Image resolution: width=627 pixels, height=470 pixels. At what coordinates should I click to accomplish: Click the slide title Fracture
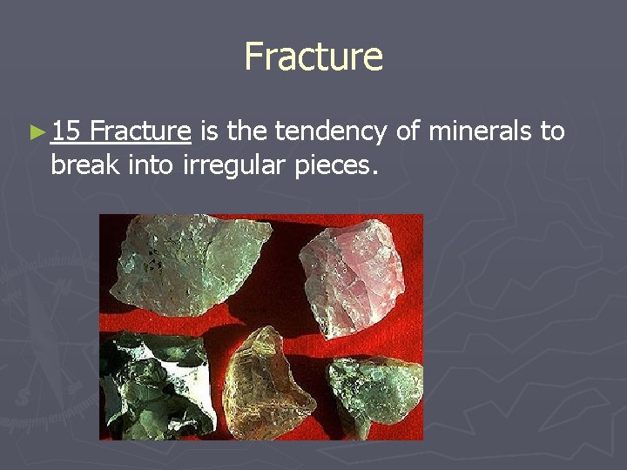tap(313, 57)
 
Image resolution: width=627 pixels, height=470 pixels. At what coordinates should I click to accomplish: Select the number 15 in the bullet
tap(66, 131)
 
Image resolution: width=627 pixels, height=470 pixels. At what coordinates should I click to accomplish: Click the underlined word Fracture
tap(140, 131)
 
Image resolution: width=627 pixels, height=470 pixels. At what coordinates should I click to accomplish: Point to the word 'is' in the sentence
tap(209, 131)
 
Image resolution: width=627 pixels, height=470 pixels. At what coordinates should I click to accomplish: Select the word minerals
tap(482, 131)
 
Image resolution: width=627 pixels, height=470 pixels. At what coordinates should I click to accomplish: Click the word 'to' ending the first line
tap(552, 132)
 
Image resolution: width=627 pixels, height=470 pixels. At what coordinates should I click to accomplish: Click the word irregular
tap(233, 165)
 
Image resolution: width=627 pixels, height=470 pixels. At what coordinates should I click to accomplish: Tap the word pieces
tap(335, 165)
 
